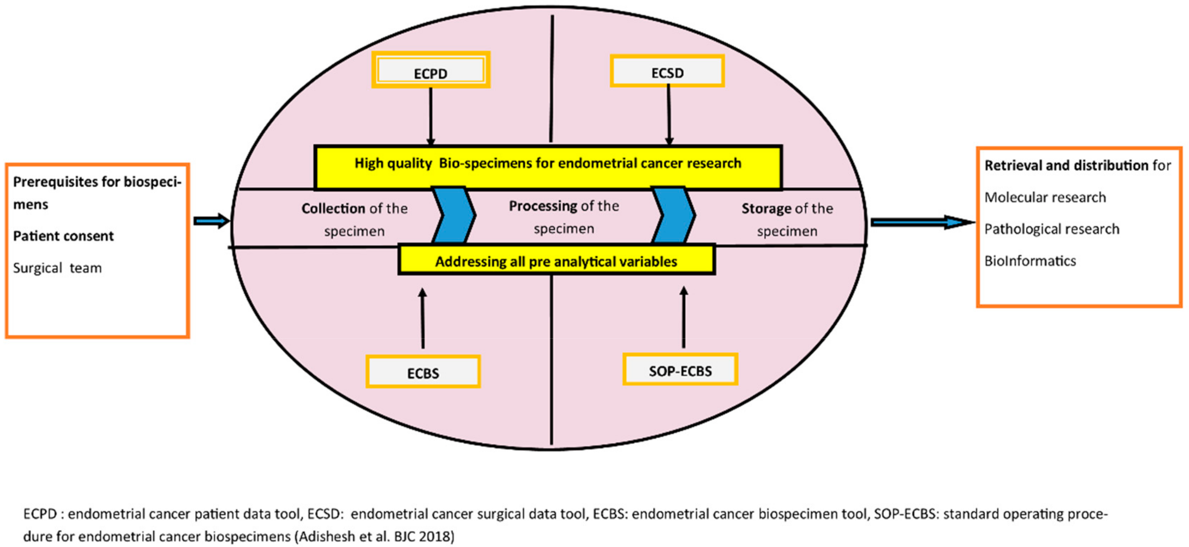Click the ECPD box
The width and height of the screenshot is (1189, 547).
[430, 70]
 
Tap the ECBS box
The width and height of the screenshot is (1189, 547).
[423, 371]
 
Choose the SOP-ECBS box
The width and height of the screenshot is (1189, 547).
[680, 370]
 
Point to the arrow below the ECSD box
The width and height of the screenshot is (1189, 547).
[668, 115]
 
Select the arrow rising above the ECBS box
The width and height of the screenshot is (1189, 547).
[422, 318]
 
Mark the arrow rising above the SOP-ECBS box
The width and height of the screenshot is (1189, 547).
[683, 317]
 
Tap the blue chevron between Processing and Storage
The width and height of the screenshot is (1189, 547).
[674, 215]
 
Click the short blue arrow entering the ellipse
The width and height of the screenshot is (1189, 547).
[211, 221]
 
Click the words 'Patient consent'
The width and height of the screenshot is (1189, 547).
[63, 236]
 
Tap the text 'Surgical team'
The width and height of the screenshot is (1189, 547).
[57, 268]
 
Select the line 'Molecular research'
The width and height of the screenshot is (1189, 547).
[1045, 197]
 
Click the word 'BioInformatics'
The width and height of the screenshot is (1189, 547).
[1030, 261]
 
